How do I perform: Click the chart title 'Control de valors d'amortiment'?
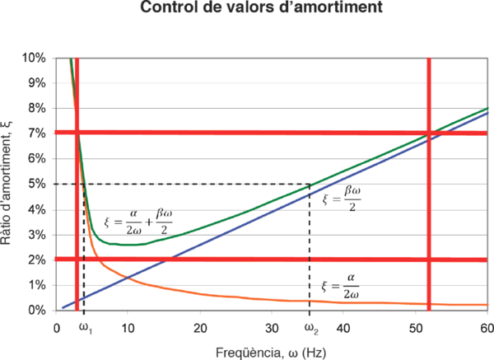click(x=247, y=9)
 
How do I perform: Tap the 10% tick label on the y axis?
click(x=34, y=58)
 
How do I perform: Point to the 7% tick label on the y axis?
click(x=36, y=133)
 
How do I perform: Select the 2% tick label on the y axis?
click(x=36, y=259)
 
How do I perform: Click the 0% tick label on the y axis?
click(x=36, y=310)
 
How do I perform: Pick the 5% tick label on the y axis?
click(x=36, y=184)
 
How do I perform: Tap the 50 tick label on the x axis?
click(x=414, y=327)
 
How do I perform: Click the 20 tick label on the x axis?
click(x=199, y=327)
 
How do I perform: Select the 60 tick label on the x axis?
click(x=485, y=327)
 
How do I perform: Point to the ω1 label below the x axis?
click(x=84, y=328)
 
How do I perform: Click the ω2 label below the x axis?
click(x=310, y=328)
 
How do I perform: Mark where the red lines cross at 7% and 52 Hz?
click(x=429, y=133)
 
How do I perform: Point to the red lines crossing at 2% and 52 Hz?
click(x=429, y=259)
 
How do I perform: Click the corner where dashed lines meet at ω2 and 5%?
click(x=310, y=184)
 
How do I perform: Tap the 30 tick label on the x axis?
click(x=271, y=327)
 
